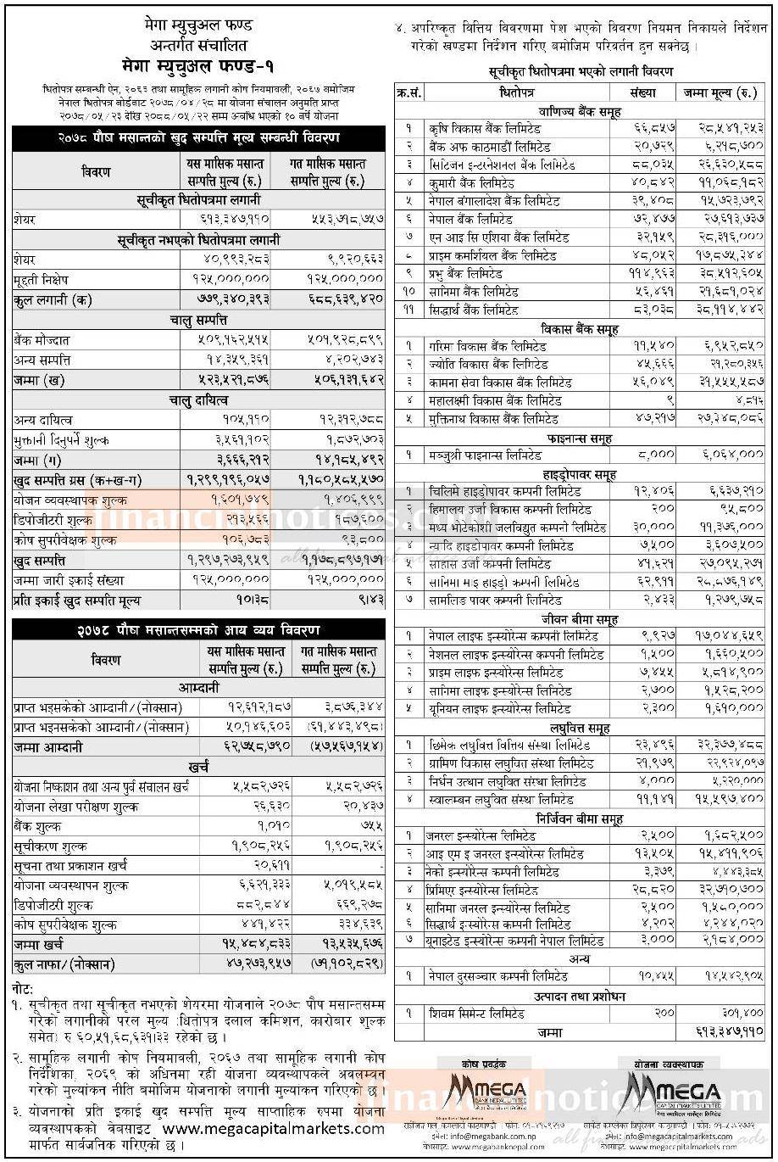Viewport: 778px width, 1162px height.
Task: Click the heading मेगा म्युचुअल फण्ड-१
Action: point(195,64)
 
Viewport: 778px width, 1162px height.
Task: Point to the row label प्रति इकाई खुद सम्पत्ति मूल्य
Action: point(77,601)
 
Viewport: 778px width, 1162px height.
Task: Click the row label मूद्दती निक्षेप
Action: point(42,279)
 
